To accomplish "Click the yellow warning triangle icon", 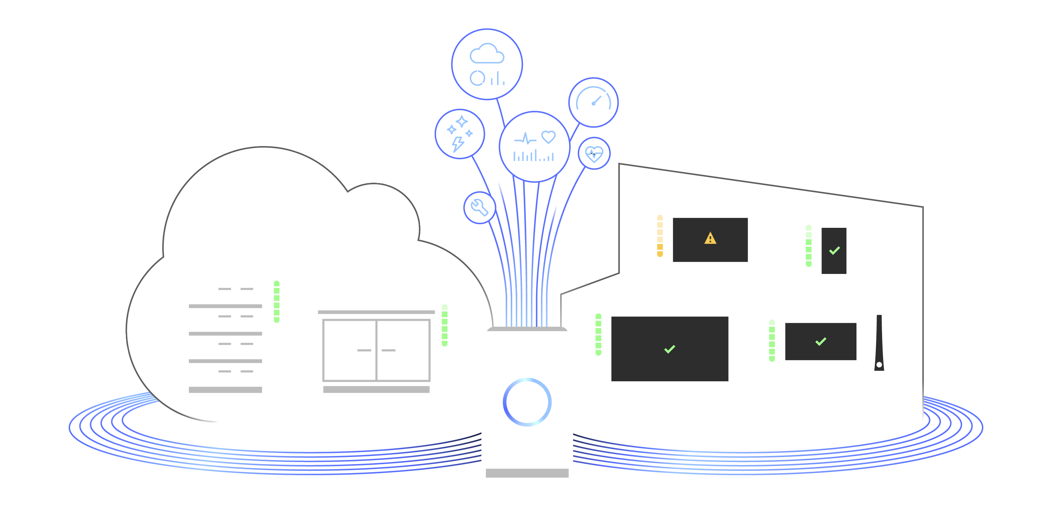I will point(710,238).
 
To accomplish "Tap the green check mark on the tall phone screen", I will point(834,250).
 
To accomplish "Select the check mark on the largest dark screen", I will point(670,349).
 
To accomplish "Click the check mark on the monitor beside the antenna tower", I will point(820,341).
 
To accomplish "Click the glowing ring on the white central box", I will point(527,402).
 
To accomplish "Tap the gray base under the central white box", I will point(529,477).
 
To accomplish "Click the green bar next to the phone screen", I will point(812,247).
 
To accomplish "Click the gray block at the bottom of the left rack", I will point(225,400).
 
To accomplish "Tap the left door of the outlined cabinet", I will point(349,350).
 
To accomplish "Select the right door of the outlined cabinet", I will point(403,350).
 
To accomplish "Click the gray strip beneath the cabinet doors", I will point(376,392).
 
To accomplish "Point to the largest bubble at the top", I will point(486,67).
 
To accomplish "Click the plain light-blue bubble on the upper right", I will point(594,102).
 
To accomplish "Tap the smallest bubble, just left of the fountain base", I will point(479,209).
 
